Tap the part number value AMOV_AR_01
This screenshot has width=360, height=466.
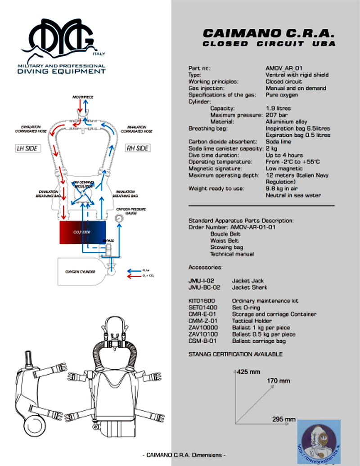[x=284, y=68]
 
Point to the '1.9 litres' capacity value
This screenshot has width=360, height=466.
[x=278, y=108]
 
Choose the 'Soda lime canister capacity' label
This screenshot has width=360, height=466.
[x=225, y=148]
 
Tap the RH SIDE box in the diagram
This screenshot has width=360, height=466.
[x=137, y=148]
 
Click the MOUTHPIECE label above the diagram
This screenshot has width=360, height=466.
[x=82, y=97]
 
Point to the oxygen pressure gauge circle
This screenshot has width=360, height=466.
[x=119, y=219]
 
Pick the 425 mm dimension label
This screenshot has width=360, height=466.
[x=248, y=372]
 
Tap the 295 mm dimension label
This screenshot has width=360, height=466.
[x=284, y=419]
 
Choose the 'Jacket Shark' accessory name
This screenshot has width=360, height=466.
[x=249, y=287]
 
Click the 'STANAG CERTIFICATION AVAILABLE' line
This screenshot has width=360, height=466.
[x=235, y=354]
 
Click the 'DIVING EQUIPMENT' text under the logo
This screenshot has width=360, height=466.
[x=62, y=71]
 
